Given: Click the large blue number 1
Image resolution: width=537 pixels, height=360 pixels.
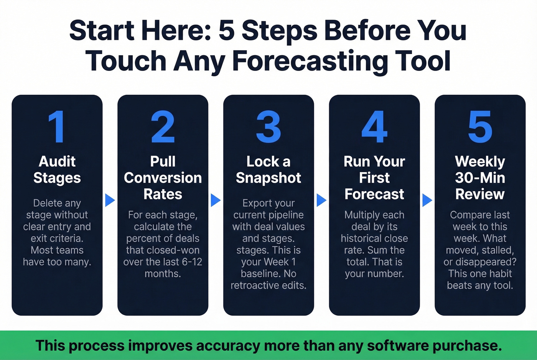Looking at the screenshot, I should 57,127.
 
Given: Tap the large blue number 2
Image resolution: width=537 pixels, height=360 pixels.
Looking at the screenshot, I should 163,127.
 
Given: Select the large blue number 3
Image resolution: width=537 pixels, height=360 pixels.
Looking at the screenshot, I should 268,127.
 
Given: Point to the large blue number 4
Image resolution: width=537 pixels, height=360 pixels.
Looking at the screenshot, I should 374,127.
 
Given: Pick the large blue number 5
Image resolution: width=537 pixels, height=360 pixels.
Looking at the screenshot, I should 480,127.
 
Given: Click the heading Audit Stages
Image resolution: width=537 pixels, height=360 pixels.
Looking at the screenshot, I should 57,169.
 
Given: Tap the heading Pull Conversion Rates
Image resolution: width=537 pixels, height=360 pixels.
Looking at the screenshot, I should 163,178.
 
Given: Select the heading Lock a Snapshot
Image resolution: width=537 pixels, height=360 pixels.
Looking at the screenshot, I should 268,169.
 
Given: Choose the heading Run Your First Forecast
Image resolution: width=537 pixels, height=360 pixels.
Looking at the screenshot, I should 374,178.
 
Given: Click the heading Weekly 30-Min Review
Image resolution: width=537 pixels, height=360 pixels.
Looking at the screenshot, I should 480,178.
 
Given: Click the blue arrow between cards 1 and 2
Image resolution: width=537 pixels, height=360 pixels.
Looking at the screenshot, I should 110,200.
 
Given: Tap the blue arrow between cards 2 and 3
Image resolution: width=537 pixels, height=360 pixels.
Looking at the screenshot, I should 216,200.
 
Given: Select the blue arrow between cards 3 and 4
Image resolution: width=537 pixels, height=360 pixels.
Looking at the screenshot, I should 321,200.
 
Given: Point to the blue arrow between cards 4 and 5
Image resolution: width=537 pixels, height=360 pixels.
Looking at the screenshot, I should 427,200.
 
